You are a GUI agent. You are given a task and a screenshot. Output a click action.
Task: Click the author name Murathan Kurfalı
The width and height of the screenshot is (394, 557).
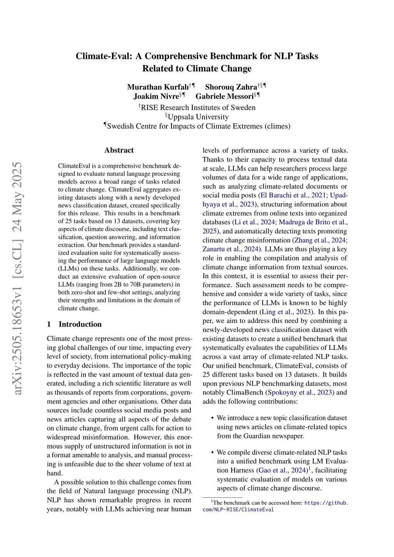tap(158, 87)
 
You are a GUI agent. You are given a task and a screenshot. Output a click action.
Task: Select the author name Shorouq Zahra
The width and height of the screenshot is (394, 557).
tap(231, 87)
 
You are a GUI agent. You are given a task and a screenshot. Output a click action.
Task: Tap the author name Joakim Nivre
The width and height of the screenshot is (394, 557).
tap(156, 96)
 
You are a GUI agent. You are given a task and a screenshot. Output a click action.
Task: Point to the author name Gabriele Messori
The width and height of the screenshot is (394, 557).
tap(224, 96)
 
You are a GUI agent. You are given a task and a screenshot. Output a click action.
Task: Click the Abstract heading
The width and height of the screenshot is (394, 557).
tap(119, 150)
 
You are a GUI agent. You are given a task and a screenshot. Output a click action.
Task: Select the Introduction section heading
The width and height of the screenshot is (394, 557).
tap(80, 324)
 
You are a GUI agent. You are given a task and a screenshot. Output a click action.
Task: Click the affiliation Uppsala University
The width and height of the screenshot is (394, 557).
tap(198, 117)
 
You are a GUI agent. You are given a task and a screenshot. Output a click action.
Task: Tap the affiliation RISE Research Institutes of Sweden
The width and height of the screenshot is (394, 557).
tap(198, 108)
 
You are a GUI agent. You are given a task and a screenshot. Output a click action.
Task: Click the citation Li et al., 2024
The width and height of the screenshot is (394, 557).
tap(254, 222)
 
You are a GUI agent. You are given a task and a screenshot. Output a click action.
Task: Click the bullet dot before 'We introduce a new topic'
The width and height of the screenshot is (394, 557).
tap(213, 418)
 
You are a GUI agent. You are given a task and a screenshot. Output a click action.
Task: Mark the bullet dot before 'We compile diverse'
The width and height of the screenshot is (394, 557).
tap(213, 453)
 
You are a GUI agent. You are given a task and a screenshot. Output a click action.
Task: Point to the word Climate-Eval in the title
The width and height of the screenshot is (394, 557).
tap(104, 56)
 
